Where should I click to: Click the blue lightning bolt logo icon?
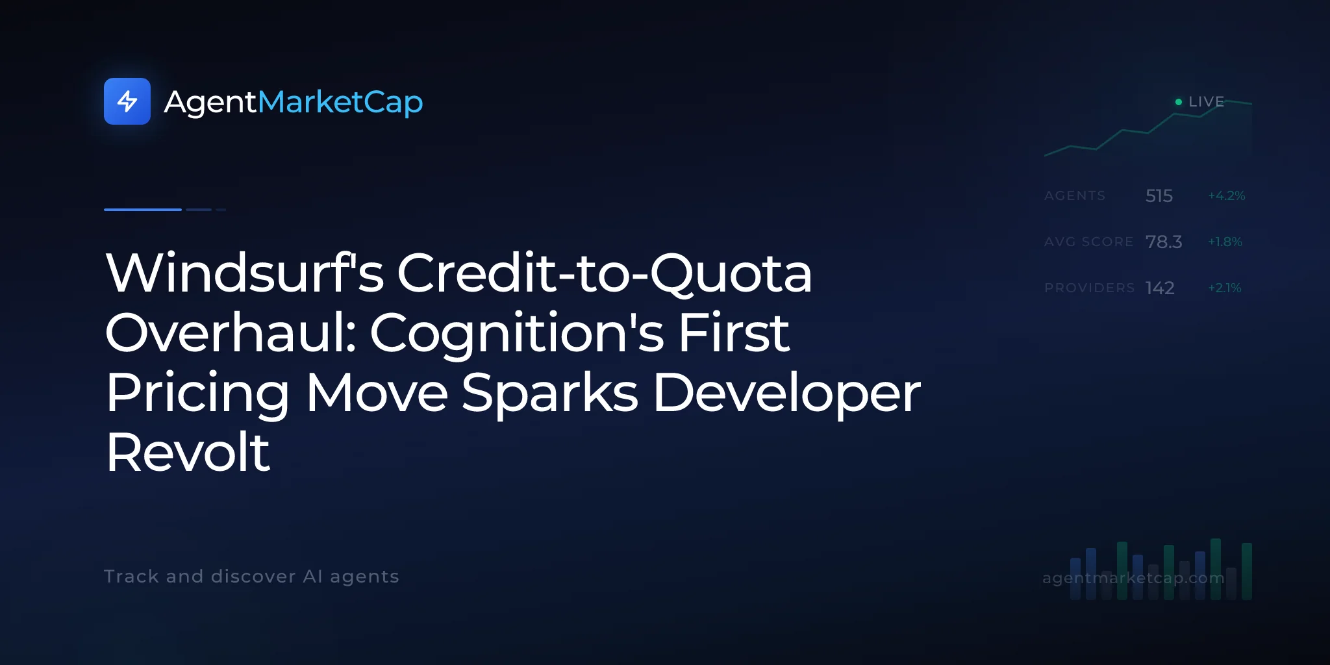tap(127, 101)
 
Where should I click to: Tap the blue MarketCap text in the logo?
tap(340, 103)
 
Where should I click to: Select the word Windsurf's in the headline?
tap(245, 273)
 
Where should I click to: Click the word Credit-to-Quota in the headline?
tap(605, 273)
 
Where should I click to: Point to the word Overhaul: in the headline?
tap(231, 332)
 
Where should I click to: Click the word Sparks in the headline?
tap(550, 394)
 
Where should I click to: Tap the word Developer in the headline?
tap(786, 394)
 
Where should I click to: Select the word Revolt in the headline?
tap(188, 452)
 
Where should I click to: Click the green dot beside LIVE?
tap(1179, 102)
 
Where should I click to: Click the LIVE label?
tap(1206, 102)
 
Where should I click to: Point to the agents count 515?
tap(1159, 195)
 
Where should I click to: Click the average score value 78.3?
tap(1164, 242)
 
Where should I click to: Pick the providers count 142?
tap(1160, 288)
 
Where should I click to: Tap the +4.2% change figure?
tap(1227, 195)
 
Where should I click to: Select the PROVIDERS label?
tap(1090, 288)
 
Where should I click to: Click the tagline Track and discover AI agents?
tap(251, 577)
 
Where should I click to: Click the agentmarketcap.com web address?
tap(1133, 578)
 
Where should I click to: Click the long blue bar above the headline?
tap(143, 210)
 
